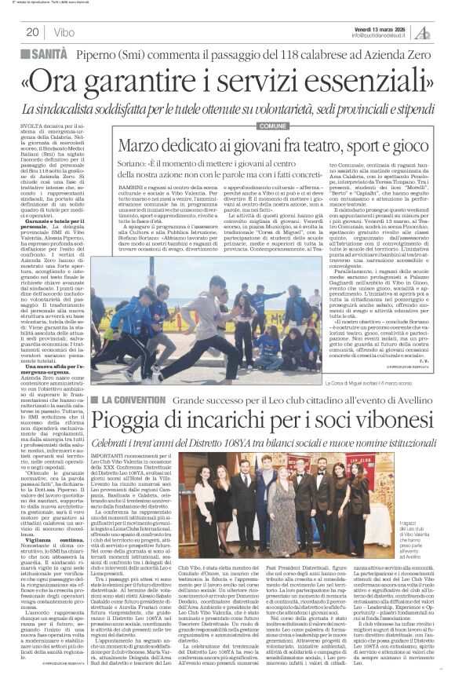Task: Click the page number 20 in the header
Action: point(32,32)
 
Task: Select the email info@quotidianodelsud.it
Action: point(384,35)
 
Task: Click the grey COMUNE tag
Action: point(271,126)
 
